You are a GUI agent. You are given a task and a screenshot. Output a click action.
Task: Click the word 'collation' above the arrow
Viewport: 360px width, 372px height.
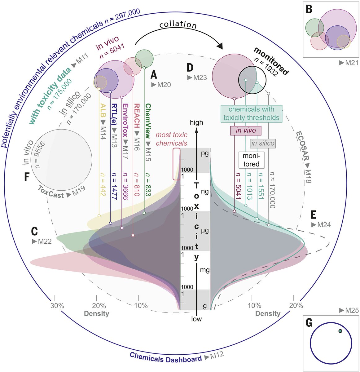178,25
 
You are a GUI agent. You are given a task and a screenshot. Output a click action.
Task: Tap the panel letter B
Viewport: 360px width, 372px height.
309,10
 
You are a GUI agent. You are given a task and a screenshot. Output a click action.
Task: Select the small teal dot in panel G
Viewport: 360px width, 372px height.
340,331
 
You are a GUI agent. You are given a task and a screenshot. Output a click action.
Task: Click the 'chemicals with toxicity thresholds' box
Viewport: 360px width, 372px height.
251,113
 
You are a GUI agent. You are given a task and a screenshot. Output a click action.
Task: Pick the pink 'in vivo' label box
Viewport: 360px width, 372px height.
246,131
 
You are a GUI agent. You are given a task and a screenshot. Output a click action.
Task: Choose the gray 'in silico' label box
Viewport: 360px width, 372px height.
263,143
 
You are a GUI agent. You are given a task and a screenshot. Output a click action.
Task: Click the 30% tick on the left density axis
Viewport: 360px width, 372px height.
57,305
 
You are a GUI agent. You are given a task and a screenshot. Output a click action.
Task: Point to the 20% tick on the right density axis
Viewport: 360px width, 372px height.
296,305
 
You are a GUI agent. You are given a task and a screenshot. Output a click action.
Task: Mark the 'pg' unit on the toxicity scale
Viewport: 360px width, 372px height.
205,154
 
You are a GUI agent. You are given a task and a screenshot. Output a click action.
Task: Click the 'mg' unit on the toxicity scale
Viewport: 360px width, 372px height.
205,270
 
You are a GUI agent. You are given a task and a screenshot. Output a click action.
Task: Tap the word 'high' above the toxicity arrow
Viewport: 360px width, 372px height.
197,122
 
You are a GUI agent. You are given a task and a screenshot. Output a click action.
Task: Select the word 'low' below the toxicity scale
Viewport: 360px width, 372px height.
196,319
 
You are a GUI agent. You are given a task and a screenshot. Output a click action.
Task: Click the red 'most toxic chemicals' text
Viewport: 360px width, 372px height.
171,139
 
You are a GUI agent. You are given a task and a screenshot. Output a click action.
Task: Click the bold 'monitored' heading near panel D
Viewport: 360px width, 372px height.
271,61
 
